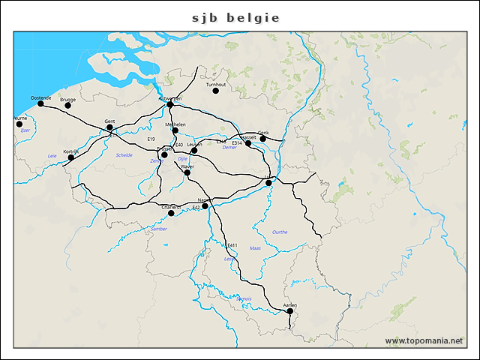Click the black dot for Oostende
pyautogui.click(x=40, y=103)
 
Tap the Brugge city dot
pyautogui.click(x=67, y=105)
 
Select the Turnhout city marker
pyautogui.click(x=215, y=91)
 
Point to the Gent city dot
pyautogui.click(x=109, y=127)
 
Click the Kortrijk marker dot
pyautogui.click(x=71, y=157)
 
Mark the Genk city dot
pyautogui.click(x=262, y=138)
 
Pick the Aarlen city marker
pyautogui.click(x=290, y=310)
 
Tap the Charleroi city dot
pyautogui.click(x=171, y=213)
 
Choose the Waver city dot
pyautogui.click(x=187, y=172)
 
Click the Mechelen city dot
pyautogui.click(x=175, y=130)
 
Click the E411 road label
pyautogui.click(x=232, y=245)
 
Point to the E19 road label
pyautogui.click(x=151, y=139)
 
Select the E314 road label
pyautogui.click(x=237, y=142)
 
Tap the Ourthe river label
pyautogui.click(x=280, y=232)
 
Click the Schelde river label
pyautogui.click(x=124, y=155)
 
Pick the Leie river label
pyautogui.click(x=52, y=155)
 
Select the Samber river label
pyautogui.click(x=159, y=229)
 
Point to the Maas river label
pyautogui.click(x=255, y=247)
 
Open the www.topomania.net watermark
pyautogui.click(x=424, y=341)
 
